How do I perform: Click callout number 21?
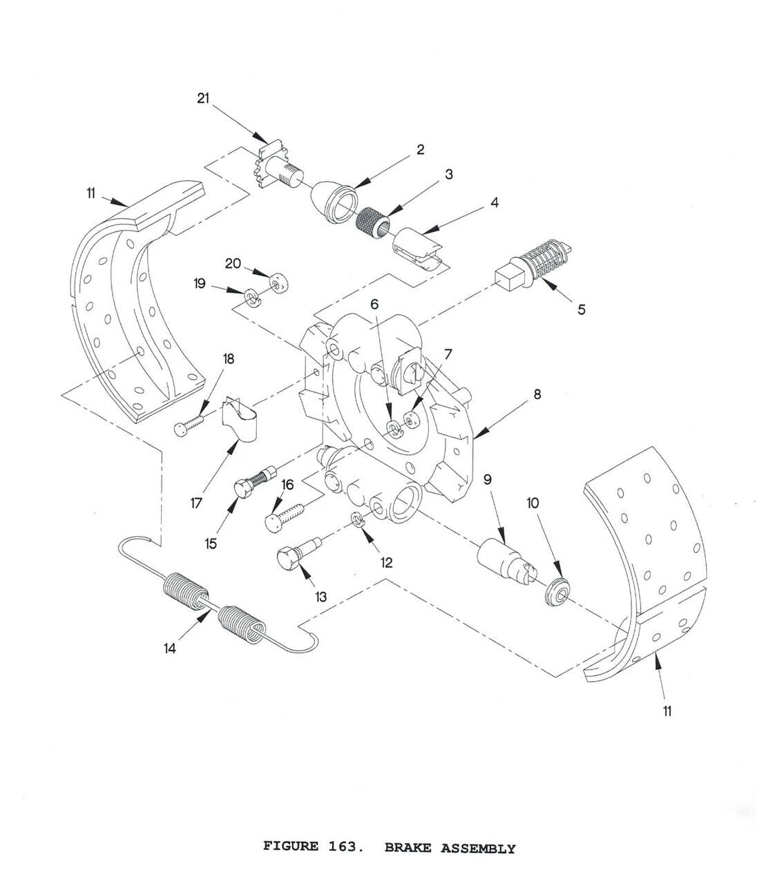click(x=202, y=99)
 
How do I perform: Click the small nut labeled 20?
click(x=280, y=284)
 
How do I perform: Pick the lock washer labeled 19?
click(x=251, y=298)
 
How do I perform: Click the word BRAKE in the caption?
click(x=409, y=847)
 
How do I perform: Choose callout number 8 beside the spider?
click(x=537, y=394)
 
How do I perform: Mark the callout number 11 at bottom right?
click(x=667, y=711)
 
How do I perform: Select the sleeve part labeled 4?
click(x=419, y=244)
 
